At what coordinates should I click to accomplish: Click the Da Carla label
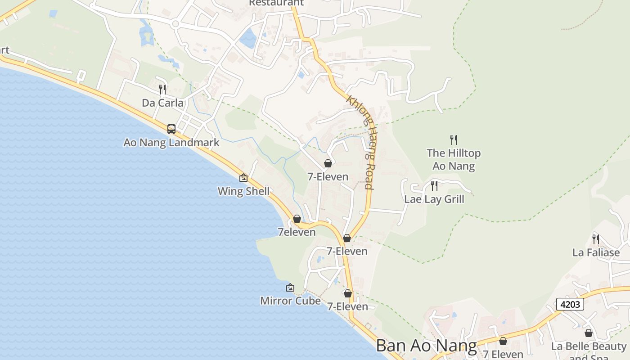pyautogui.click(x=162, y=103)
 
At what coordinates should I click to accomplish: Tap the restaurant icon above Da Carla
pyautogui.click(x=162, y=89)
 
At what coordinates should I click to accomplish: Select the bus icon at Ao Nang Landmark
pyautogui.click(x=171, y=129)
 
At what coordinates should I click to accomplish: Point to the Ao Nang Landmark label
pyautogui.click(x=171, y=143)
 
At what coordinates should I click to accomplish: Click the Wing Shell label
pyautogui.click(x=243, y=191)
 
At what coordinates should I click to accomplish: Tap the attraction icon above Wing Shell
pyautogui.click(x=243, y=178)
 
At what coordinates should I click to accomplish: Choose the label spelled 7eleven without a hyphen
pyautogui.click(x=297, y=232)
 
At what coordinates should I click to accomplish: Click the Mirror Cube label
pyautogui.click(x=290, y=301)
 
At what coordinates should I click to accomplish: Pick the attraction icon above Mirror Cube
pyautogui.click(x=290, y=288)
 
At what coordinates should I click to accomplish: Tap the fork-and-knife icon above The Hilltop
pyautogui.click(x=454, y=140)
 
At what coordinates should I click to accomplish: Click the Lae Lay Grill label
pyautogui.click(x=434, y=199)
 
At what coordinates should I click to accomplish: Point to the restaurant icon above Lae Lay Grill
pyautogui.click(x=434, y=185)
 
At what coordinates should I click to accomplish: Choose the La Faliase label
pyautogui.click(x=596, y=252)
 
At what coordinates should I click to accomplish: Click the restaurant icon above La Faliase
pyautogui.click(x=596, y=239)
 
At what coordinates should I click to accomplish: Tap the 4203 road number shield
pyautogui.click(x=570, y=304)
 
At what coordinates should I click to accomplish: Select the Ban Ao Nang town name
pyautogui.click(x=426, y=346)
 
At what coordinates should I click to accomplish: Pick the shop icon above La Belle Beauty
pyautogui.click(x=589, y=333)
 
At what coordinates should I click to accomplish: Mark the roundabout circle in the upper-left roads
pyautogui.click(x=175, y=24)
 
